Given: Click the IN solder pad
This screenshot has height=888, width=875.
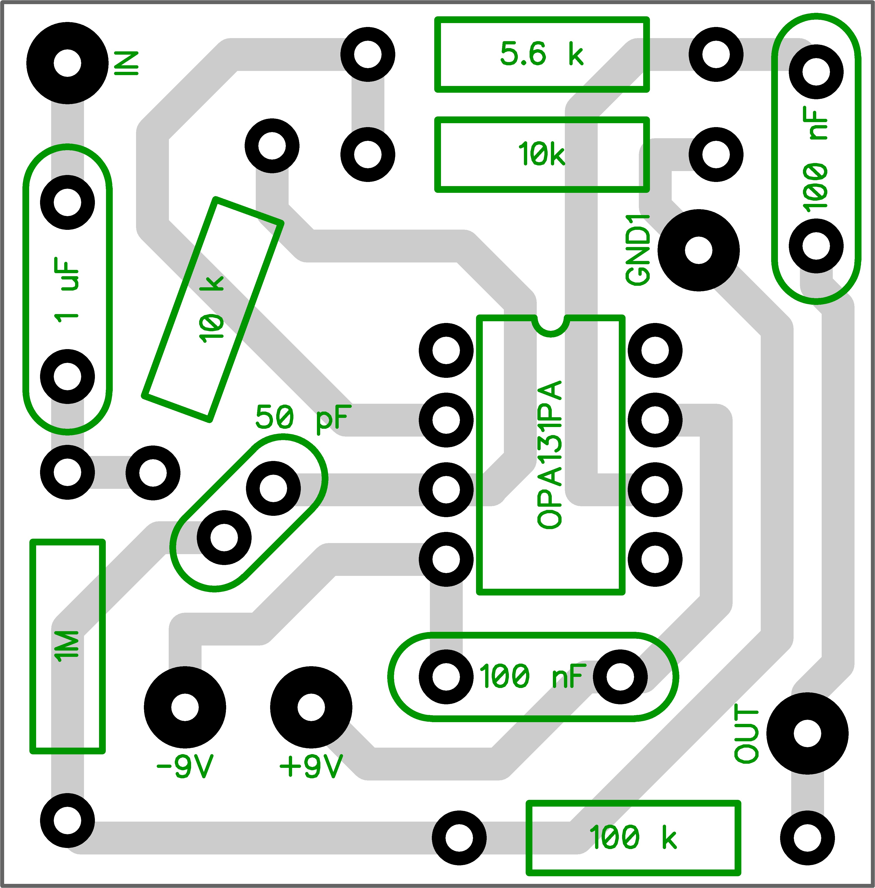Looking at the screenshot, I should (67, 63).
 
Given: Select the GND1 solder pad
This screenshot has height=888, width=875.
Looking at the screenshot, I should (698, 251).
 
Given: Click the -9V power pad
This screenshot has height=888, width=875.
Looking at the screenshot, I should (185, 707).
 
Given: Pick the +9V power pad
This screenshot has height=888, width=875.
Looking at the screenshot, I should (311, 707).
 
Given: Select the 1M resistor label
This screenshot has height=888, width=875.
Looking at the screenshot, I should (67, 646).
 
